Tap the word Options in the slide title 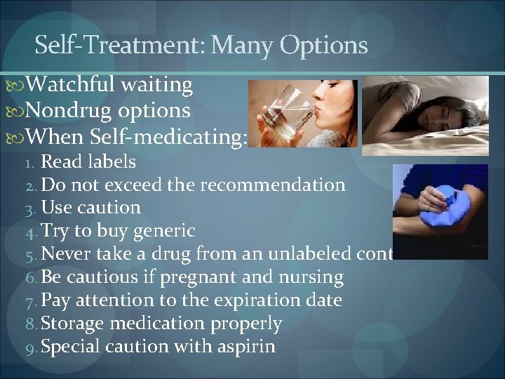[x=323, y=46]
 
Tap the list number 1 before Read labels [x=29, y=163]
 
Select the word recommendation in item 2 [x=273, y=185]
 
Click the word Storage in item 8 [x=73, y=324]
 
